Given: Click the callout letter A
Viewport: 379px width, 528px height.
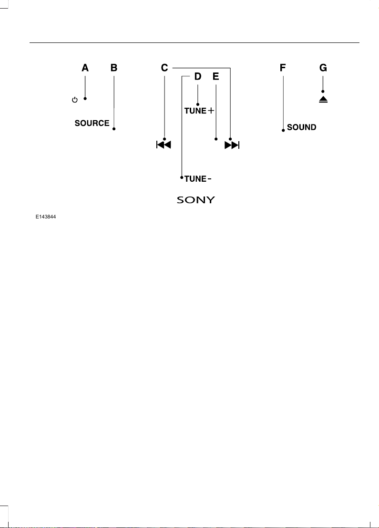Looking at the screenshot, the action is (x=85, y=68).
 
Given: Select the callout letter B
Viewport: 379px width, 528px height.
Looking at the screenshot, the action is (x=114, y=68).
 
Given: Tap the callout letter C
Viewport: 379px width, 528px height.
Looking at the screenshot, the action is (x=164, y=68).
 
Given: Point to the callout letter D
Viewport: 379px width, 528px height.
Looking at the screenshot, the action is (x=197, y=76).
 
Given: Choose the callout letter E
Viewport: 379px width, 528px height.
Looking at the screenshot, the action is (x=216, y=76).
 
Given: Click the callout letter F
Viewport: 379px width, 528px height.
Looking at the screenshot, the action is (x=283, y=68).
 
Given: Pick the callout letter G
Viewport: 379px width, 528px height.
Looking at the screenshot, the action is (x=323, y=68).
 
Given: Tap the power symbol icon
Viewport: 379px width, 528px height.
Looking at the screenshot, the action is (x=75, y=100).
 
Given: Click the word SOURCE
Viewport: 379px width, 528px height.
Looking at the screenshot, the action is (x=92, y=123).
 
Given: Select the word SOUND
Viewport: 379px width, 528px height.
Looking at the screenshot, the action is (x=302, y=127).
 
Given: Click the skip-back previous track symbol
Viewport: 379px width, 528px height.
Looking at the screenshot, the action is (x=164, y=145).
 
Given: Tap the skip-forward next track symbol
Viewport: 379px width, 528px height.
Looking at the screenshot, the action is (x=232, y=145).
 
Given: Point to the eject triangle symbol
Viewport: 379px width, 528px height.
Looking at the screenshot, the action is (x=323, y=99).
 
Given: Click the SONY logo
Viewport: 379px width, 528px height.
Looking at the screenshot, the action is (x=196, y=200).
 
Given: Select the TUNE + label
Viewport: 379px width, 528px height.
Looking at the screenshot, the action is (x=199, y=111).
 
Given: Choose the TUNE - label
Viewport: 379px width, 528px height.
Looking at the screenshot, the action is (x=198, y=179).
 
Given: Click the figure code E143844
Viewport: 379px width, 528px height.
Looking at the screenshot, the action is (x=46, y=217).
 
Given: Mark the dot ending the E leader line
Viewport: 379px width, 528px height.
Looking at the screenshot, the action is (x=216, y=139).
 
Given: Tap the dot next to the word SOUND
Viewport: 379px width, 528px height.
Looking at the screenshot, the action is (x=283, y=130).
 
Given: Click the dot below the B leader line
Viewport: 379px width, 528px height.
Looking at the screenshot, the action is (x=114, y=129).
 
